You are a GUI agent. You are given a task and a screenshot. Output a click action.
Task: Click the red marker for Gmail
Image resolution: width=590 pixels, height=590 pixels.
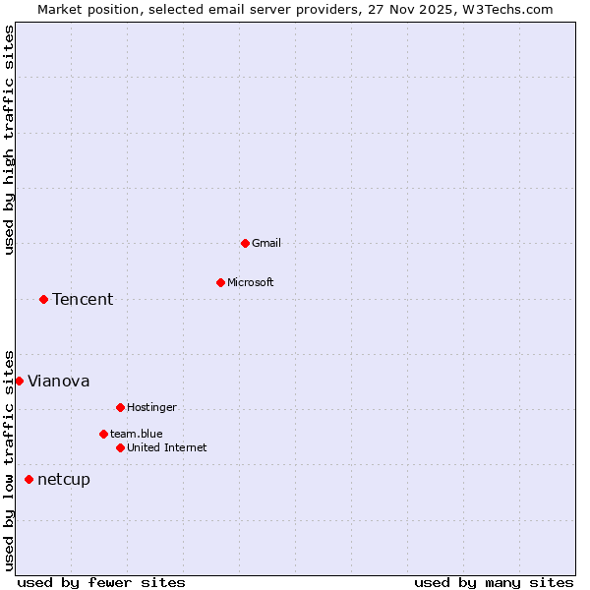(245, 243)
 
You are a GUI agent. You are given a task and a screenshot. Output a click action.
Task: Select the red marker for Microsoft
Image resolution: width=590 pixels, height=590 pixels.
(220, 282)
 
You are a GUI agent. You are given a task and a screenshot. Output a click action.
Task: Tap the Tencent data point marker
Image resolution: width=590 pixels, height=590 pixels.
(43, 299)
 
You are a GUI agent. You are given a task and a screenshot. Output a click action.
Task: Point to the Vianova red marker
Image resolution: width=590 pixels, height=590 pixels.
(19, 381)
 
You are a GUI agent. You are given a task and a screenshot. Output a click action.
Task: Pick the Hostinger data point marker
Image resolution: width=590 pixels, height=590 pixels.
(120, 407)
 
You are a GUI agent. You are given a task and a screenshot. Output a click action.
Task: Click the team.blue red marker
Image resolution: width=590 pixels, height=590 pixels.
(103, 434)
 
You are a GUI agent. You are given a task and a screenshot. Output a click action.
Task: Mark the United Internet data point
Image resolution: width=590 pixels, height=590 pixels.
(120, 447)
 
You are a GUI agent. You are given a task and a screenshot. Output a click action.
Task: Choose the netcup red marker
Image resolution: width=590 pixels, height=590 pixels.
(29, 479)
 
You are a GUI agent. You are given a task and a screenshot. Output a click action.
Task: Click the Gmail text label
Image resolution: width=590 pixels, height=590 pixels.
(266, 243)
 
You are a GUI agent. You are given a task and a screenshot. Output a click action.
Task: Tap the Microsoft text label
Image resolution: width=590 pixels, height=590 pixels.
(251, 282)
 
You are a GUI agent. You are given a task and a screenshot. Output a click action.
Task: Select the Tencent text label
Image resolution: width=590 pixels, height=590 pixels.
(83, 299)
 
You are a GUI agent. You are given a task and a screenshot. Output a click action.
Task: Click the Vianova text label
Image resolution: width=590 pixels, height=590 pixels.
(59, 381)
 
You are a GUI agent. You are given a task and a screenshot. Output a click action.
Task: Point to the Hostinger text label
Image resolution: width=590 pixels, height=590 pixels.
(152, 407)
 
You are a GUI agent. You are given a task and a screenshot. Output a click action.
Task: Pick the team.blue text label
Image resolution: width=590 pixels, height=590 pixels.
(137, 434)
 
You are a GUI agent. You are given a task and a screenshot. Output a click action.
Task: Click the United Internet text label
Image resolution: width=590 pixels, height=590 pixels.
(167, 447)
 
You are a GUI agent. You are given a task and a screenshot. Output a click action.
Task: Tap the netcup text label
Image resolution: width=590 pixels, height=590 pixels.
(64, 480)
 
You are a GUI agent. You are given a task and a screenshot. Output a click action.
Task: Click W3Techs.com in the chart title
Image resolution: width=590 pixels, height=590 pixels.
(507, 9)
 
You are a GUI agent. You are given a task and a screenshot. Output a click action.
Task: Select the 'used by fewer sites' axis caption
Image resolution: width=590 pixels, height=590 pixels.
(101, 582)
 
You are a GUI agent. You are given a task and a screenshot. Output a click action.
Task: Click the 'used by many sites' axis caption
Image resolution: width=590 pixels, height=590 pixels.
(494, 582)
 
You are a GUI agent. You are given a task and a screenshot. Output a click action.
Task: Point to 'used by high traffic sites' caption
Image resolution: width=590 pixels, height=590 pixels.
(9, 140)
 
